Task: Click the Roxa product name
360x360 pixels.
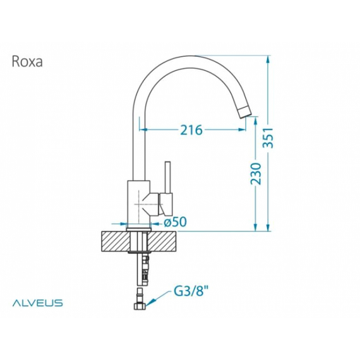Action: (27, 61)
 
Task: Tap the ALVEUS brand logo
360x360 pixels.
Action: (37, 303)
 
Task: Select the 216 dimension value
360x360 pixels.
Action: (191, 130)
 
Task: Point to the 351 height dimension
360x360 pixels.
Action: (268, 137)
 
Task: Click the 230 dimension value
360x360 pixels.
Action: (256, 174)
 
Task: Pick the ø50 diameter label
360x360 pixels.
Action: (175, 222)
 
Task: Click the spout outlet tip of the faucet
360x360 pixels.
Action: (244, 112)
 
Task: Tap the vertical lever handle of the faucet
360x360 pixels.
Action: (167, 177)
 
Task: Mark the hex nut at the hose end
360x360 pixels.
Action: (139, 306)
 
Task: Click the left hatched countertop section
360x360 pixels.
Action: (116, 241)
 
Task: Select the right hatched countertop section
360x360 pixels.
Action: (162, 241)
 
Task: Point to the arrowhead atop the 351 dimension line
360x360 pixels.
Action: (268, 59)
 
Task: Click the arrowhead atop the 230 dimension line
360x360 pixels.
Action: (256, 120)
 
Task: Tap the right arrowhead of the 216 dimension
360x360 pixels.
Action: (241, 130)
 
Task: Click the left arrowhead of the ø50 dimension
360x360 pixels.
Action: (123, 223)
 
